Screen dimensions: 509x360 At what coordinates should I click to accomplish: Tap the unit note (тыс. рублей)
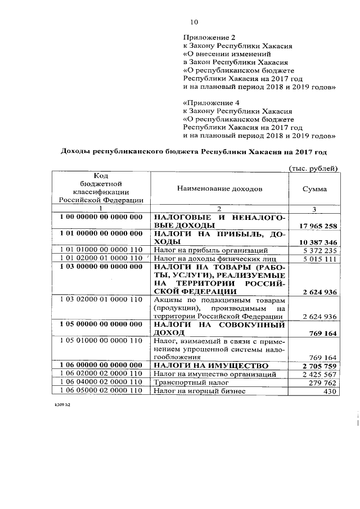(x=313, y=168)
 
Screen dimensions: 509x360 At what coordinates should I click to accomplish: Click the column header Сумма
(x=314, y=190)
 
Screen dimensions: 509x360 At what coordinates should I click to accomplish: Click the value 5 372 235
(x=319, y=250)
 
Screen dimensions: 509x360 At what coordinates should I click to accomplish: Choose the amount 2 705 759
(x=318, y=366)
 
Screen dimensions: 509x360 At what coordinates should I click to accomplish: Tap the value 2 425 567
(x=319, y=374)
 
